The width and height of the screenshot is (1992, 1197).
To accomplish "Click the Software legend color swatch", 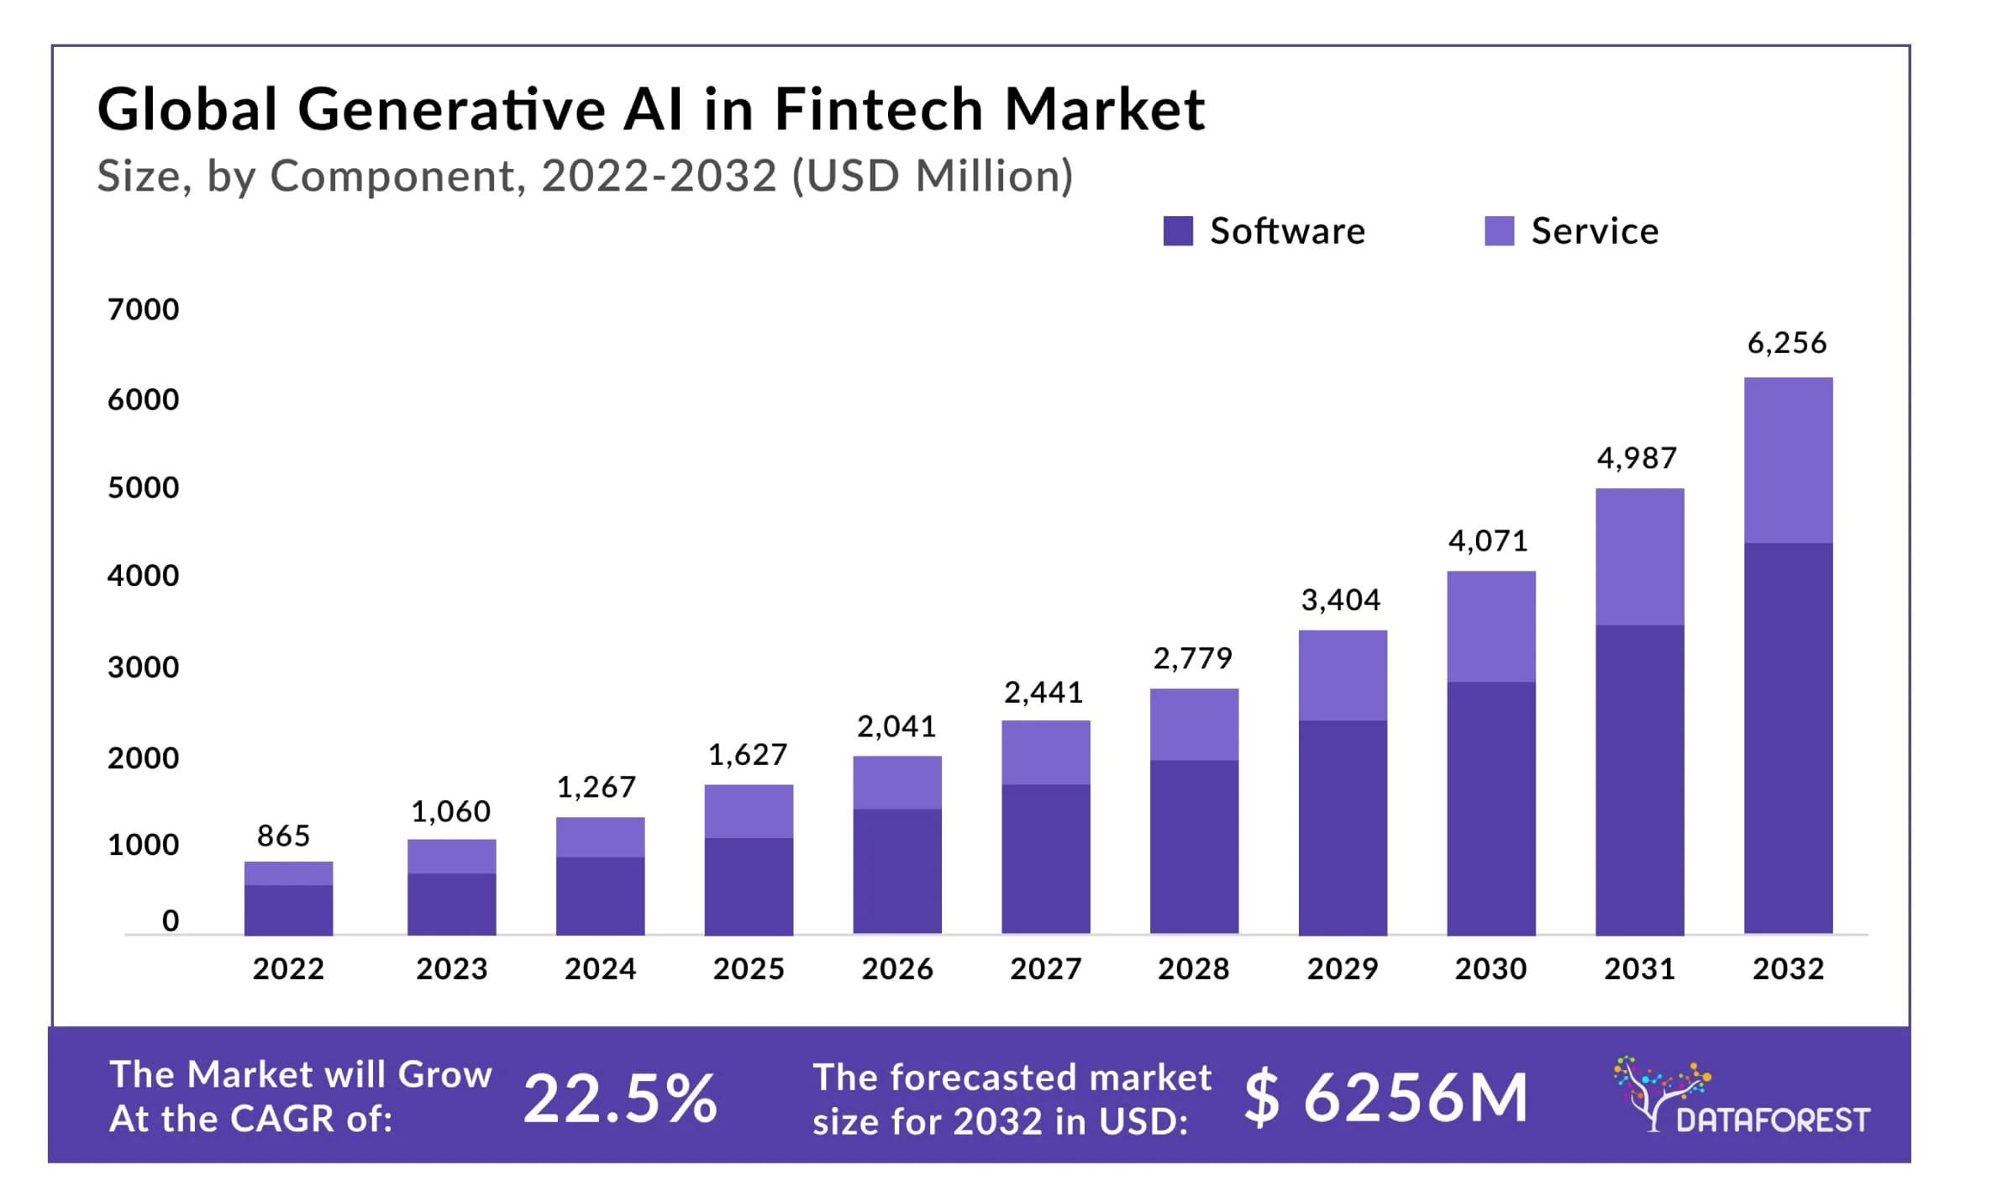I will pyautogui.click(x=1177, y=231).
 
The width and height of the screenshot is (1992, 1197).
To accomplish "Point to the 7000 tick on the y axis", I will pyautogui.click(x=143, y=309).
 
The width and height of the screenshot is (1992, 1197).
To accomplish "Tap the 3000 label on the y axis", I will pyautogui.click(x=143, y=667).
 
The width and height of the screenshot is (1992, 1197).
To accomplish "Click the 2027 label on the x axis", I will pyautogui.click(x=1045, y=969).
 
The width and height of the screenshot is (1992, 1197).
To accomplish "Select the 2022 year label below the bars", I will pyautogui.click(x=288, y=969).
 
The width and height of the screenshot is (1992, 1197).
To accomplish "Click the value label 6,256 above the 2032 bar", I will pyautogui.click(x=1787, y=343).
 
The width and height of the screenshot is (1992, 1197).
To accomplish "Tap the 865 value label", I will pyautogui.click(x=283, y=836).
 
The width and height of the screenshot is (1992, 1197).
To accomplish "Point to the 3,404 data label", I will pyautogui.click(x=1341, y=600).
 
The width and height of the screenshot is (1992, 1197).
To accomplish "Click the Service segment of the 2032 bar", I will pyautogui.click(x=1788, y=460).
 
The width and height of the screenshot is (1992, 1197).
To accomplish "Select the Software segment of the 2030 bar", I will pyautogui.click(x=1490, y=807).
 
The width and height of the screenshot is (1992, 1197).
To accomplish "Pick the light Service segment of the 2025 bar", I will pyautogui.click(x=748, y=811).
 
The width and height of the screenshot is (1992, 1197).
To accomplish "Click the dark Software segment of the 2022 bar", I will pyautogui.click(x=288, y=910).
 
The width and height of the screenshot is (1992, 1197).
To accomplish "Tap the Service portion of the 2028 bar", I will pyautogui.click(x=1193, y=725).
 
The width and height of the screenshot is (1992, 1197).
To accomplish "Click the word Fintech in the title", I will pyautogui.click(x=878, y=110).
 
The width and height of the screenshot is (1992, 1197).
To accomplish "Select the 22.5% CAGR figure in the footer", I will pyautogui.click(x=620, y=1098).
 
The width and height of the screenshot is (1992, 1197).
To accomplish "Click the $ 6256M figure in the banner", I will pyautogui.click(x=1386, y=1098).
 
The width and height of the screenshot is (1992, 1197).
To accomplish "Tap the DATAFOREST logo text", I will pyautogui.click(x=1773, y=1121).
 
